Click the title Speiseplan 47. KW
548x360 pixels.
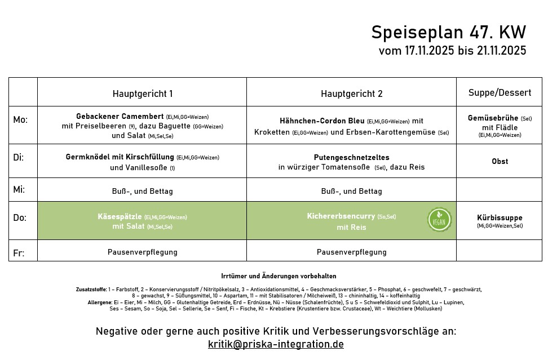[448, 33]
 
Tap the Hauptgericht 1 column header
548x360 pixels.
[142, 94]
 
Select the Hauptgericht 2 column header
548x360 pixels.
[351, 94]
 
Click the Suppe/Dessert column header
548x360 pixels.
[500, 92]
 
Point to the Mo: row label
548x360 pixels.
[20, 119]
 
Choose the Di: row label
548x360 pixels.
[19, 157]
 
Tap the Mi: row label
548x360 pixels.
[19, 189]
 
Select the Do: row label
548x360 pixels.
[20, 217]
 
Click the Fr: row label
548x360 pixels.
[19, 253]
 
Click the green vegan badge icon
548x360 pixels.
[439, 219]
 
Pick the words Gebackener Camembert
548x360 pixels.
[120, 116]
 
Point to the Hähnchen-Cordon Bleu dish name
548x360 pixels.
[322, 121]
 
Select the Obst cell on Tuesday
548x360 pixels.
[500, 161]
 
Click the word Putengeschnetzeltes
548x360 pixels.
[351, 157]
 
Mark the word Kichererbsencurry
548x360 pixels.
[341, 216]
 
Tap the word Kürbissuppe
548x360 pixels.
[500, 217]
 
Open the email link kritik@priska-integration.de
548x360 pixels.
[276, 344]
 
